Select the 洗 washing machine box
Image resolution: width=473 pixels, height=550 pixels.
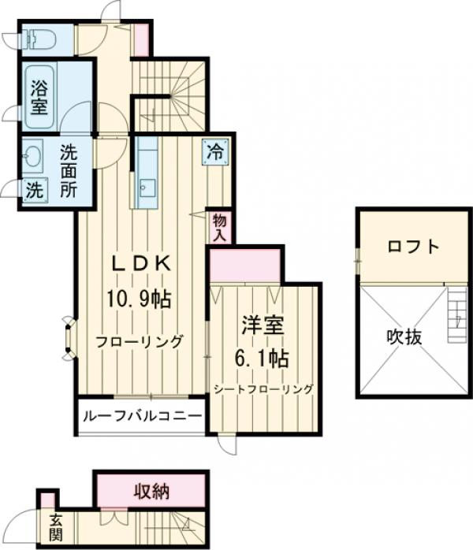tap(34, 189)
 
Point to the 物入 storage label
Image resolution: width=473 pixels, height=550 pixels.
tap(219, 227)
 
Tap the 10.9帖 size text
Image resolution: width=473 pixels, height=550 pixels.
tap(140, 299)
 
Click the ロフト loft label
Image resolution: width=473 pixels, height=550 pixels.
tap(413, 247)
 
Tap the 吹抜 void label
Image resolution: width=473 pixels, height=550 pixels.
tap(404, 336)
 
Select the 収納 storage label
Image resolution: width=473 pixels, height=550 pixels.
tap(151, 492)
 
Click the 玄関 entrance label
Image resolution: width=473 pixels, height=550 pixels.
tap(56, 528)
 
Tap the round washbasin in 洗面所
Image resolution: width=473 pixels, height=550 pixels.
tap(32, 155)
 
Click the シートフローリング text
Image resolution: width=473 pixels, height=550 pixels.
tap(263, 388)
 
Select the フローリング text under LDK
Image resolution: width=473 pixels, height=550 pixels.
tap(140, 342)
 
